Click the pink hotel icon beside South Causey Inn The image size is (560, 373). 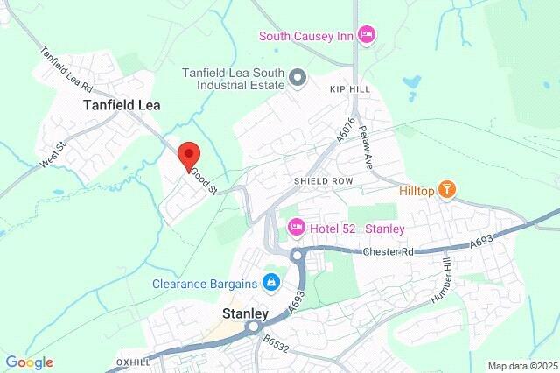(367, 34)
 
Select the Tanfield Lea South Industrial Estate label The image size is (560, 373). (234, 79)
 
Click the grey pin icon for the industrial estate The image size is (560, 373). (297, 79)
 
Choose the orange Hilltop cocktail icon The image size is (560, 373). (446, 189)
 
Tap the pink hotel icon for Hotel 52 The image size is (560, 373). (296, 229)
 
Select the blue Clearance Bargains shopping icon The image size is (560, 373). (271, 283)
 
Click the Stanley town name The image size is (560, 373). (244, 311)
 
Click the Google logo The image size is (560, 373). (29, 362)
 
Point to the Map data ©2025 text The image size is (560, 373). (521, 366)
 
